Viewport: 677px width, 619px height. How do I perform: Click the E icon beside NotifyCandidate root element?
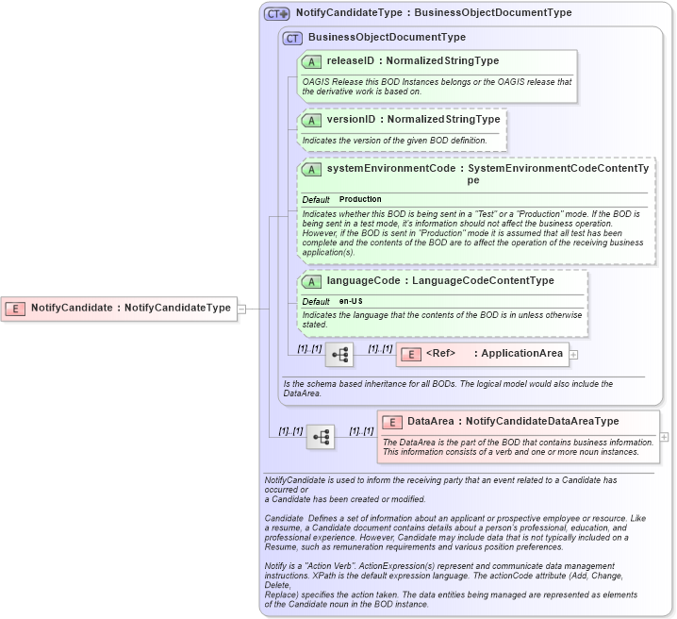point(16,308)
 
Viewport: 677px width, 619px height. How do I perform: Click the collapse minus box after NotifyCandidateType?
point(241,308)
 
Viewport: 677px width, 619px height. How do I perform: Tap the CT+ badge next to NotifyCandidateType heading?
point(276,13)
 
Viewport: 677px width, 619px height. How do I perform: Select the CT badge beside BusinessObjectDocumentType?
point(292,38)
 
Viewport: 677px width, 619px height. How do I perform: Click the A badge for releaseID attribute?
point(311,61)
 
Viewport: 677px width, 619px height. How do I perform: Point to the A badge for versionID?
point(311,120)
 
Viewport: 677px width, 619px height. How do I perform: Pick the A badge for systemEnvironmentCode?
point(311,169)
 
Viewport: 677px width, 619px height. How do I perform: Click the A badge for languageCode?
point(311,281)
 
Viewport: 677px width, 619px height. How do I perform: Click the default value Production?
point(360,199)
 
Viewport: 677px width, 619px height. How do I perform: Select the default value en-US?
point(352,301)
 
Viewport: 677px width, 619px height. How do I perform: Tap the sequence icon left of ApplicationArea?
point(339,355)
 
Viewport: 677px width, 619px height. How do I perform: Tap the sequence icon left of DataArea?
point(321,437)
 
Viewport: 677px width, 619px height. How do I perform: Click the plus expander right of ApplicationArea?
point(573,355)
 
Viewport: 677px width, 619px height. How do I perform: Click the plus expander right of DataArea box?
point(665,437)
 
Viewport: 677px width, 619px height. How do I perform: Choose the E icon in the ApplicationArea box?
point(411,355)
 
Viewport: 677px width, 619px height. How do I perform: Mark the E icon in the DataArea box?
point(392,421)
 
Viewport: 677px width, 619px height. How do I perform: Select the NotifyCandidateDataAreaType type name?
point(542,421)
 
